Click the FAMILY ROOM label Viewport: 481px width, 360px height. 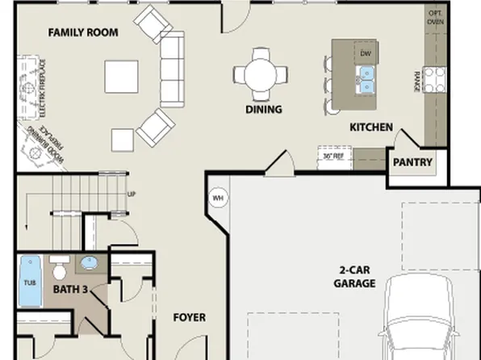(x=83, y=32)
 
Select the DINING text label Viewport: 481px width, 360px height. (x=263, y=109)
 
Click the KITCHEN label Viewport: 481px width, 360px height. (x=370, y=127)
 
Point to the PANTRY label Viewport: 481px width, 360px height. (x=412, y=162)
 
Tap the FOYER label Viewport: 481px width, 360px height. (x=189, y=317)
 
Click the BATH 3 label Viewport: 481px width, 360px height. (x=70, y=288)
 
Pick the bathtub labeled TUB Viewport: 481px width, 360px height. (x=30, y=283)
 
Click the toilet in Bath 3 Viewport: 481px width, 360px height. (x=59, y=267)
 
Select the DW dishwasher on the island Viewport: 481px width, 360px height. (x=365, y=53)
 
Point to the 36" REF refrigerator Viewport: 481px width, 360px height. (x=333, y=156)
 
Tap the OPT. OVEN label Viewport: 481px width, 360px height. (x=435, y=17)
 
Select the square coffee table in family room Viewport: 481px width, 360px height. (x=121, y=77)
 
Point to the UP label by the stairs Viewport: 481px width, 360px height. (x=131, y=195)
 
